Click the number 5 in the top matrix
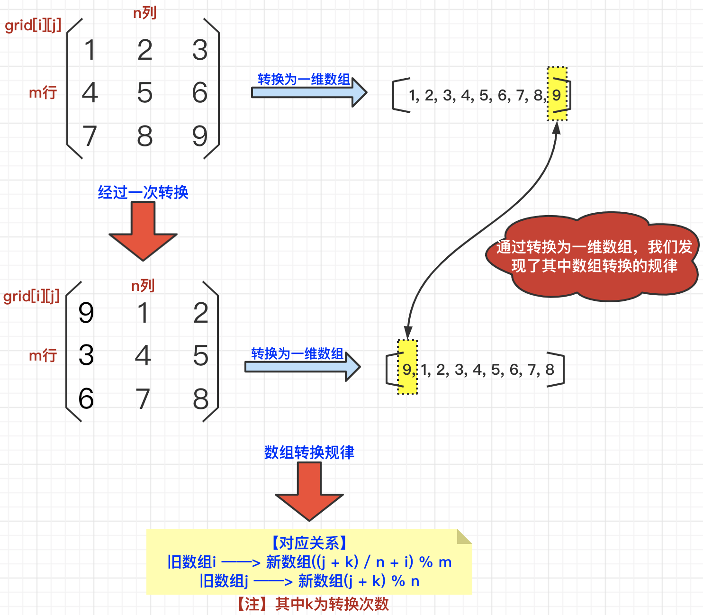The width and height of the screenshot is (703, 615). [145, 92]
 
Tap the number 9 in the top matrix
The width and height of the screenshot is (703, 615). [199, 136]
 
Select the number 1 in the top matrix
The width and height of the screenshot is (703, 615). [90, 50]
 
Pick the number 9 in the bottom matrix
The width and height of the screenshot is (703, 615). [86, 313]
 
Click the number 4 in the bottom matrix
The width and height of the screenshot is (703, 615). [143, 355]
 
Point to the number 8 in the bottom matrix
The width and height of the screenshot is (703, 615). [200, 399]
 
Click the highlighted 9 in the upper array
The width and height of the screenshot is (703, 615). [557, 95]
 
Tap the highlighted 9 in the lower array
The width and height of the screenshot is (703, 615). [407, 369]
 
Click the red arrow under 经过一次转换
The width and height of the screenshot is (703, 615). [143, 231]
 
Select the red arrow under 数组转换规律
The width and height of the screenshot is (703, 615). [309, 491]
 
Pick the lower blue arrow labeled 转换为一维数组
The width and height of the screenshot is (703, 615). [302, 366]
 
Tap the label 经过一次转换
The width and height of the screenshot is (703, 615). [143, 192]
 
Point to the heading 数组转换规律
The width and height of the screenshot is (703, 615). [309, 452]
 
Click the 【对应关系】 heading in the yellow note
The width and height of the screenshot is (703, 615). [309, 543]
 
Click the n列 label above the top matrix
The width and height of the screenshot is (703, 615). [145, 13]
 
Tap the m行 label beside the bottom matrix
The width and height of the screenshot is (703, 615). [43, 355]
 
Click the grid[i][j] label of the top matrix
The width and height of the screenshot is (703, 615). [33, 26]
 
